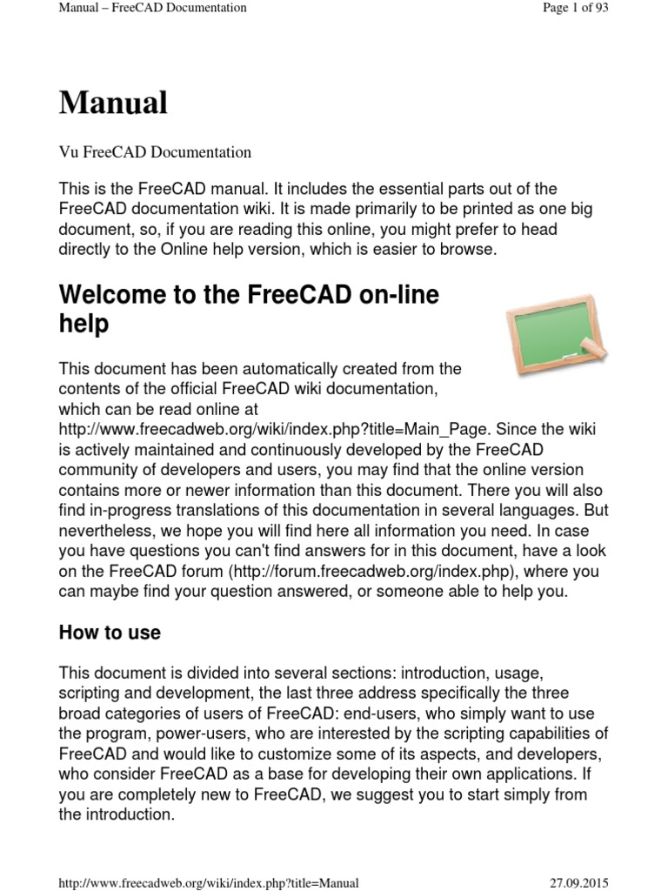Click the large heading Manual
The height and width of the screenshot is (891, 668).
113,104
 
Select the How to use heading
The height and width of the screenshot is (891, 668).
110,633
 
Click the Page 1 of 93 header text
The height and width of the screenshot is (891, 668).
575,8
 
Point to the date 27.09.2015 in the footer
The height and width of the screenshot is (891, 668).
579,882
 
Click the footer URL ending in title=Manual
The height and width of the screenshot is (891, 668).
209,882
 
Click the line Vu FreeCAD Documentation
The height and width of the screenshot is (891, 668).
155,152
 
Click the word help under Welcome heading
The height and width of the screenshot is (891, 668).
83,324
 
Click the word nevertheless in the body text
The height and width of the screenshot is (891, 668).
109,531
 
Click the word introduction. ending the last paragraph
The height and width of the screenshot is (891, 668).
130,814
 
